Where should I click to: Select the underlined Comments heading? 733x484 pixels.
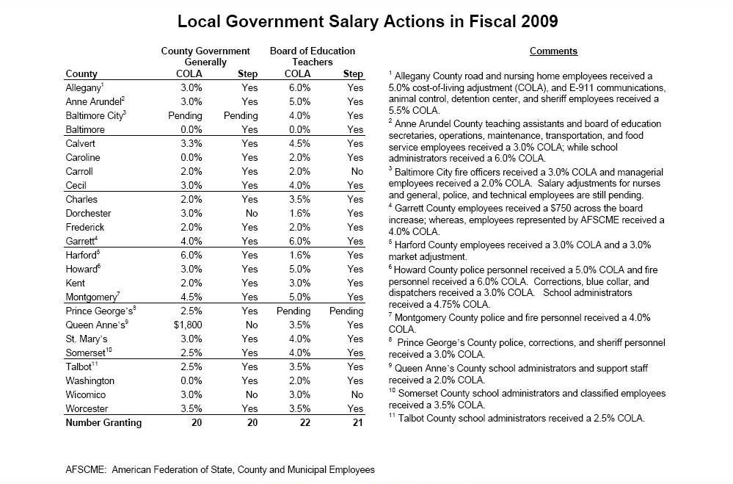(x=553, y=51)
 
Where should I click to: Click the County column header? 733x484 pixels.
(x=81, y=73)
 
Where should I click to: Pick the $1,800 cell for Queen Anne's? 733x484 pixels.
(x=188, y=325)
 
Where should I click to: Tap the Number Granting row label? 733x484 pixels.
(x=103, y=422)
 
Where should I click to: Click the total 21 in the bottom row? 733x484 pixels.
(x=356, y=422)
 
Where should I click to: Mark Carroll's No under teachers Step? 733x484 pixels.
(x=357, y=171)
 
